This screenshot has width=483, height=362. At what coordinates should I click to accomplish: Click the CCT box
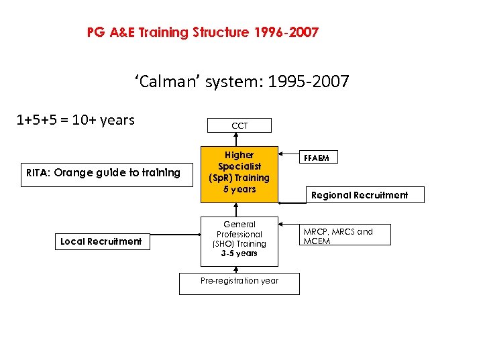tap(239, 125)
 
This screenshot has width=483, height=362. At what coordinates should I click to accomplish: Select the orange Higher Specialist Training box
tap(239, 172)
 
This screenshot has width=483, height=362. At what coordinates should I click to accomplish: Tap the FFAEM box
tap(320, 158)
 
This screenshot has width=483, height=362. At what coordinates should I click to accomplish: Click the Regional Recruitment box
tap(358, 195)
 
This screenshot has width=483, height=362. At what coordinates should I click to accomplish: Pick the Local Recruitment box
tap(101, 241)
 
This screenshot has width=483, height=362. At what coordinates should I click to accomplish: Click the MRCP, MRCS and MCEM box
tap(345, 235)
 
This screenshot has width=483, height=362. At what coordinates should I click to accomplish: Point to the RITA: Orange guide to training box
tap(103, 173)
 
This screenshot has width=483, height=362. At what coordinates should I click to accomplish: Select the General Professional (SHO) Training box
tap(239, 239)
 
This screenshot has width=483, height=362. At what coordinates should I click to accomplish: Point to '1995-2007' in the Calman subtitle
tap(308, 82)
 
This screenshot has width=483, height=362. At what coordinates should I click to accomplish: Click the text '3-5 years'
tap(239, 253)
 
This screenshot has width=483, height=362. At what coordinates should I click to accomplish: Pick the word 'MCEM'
tap(317, 241)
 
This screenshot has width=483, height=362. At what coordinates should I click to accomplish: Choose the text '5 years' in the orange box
tap(239, 189)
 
